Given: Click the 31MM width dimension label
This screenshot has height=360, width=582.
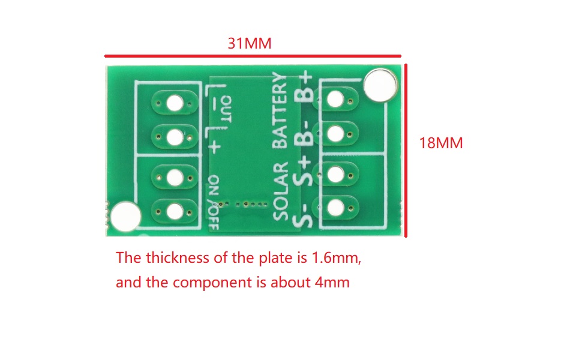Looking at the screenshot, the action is pos(250,43).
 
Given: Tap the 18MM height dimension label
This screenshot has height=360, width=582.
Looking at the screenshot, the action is pos(441,143).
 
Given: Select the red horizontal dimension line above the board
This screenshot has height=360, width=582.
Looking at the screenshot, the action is pos(253,56).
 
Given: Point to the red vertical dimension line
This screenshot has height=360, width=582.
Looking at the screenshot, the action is pos(406,151).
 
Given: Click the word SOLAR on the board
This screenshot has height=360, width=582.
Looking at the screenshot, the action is pos(281,191).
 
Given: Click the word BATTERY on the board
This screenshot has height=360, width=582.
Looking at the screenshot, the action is pos(280,110).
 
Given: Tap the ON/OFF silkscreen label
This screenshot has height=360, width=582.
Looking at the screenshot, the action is pos(214,203).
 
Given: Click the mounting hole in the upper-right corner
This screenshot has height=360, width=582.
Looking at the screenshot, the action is pos(380,85).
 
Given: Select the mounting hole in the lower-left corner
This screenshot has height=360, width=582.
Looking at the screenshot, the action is pos(125,217).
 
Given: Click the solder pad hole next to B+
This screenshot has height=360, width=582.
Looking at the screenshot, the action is pos(335,99).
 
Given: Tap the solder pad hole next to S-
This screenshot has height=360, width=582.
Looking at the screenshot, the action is pos(335,208).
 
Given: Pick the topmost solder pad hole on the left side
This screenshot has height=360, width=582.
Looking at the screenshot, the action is pos(175,103).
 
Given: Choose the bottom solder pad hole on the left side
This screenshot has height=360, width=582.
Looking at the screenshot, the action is pos(175,212).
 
